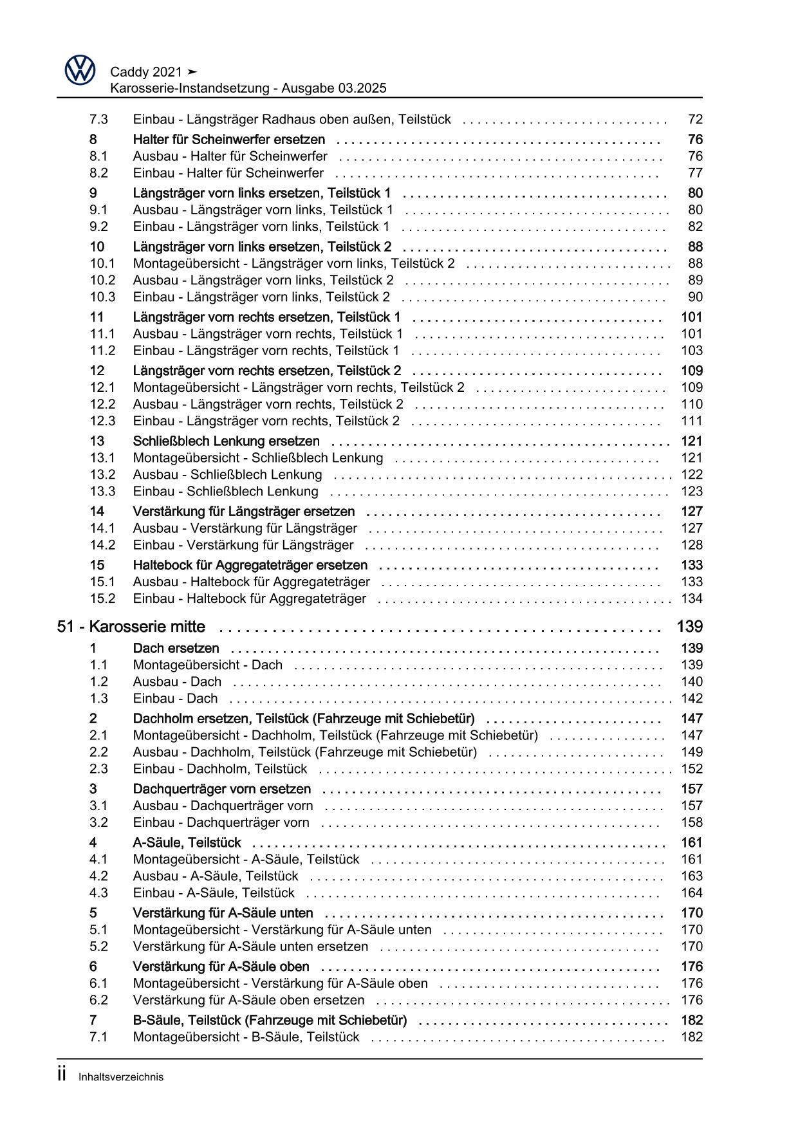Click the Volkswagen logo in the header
pos(80,69)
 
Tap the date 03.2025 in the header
pos(361,89)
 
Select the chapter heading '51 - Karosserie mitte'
pos(131,627)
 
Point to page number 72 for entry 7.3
pos(695,119)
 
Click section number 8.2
pos(98,172)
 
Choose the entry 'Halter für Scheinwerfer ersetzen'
pos(228,140)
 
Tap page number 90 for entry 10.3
pos(695,297)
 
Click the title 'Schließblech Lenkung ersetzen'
pos(226,441)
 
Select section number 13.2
pos(102,474)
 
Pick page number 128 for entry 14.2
pos(692,545)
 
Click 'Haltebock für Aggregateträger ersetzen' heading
pos(250,565)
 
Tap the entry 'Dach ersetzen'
pos(176,648)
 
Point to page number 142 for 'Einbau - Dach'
pos(692,698)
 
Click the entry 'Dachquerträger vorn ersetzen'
pos(221,789)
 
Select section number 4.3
pos(98,892)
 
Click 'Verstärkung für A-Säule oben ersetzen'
pos(248,1000)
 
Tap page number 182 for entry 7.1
pos(692,1037)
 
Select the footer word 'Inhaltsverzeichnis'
pos(121,1077)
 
